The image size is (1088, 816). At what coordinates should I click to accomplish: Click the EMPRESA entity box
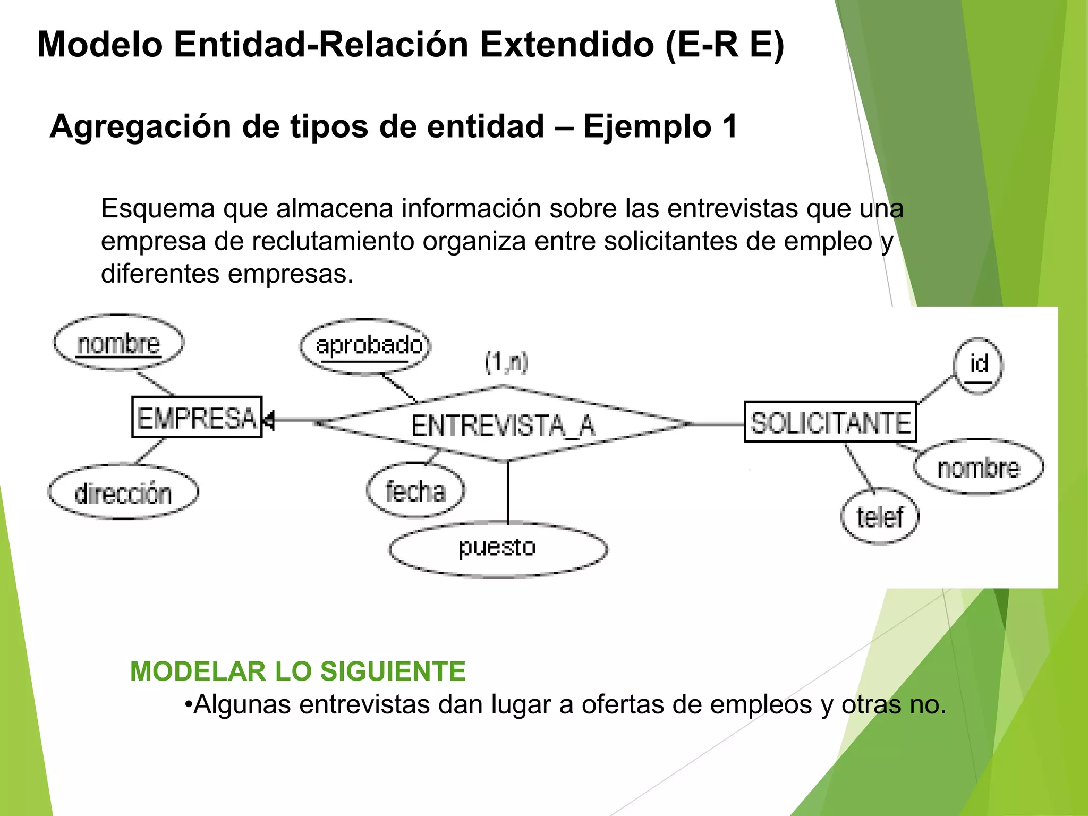[x=197, y=417]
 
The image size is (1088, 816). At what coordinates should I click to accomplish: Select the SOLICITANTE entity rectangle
[x=830, y=422]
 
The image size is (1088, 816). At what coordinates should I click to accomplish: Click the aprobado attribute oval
[x=366, y=346]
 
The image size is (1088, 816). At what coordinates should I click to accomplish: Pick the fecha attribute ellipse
[x=415, y=490]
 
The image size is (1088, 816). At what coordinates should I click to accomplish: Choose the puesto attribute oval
[x=498, y=548]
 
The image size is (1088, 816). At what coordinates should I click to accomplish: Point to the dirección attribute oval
[x=123, y=492]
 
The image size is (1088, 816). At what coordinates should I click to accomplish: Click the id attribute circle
[x=978, y=365]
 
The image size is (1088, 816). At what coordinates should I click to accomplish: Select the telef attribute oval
[x=880, y=516]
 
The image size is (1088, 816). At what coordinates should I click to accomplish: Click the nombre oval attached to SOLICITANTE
[x=979, y=467]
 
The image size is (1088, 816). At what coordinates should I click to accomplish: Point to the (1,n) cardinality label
[x=506, y=362]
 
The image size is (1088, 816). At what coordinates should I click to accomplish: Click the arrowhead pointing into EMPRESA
[x=269, y=420]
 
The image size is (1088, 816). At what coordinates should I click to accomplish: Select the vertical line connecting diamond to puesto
[x=508, y=491]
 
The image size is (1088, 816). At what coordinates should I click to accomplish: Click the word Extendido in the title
[x=567, y=45]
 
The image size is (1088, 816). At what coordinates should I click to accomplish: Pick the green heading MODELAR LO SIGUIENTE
[x=298, y=671]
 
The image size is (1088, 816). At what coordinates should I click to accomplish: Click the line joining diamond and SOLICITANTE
[x=717, y=424]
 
